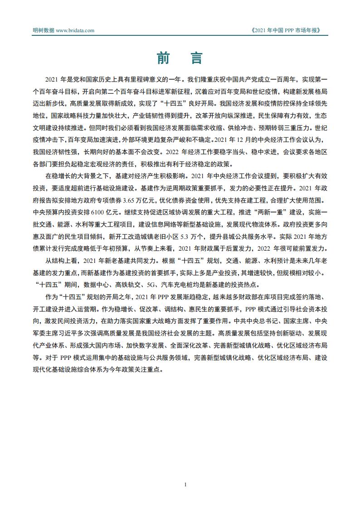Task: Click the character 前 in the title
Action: pos(164,58)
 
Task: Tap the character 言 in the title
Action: pos(196,58)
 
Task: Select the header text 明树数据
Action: pos(44,30)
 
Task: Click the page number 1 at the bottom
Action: pos(186,485)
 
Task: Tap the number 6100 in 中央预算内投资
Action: pos(93,211)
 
